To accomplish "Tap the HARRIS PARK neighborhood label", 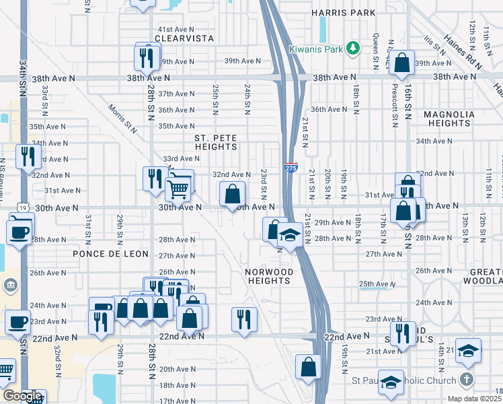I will coord(342,13).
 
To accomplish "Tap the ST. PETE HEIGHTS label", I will coord(216,142).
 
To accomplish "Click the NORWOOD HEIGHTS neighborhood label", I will coord(269,276).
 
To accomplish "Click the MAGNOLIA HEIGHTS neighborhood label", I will coord(456,119).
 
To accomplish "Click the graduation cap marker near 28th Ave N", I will coord(290,236).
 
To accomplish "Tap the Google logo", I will coord(22,397).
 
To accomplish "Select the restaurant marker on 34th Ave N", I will coord(28,157).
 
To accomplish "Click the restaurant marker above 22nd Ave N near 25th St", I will coord(243,318).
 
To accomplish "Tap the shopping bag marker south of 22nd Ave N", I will coord(308,367).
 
